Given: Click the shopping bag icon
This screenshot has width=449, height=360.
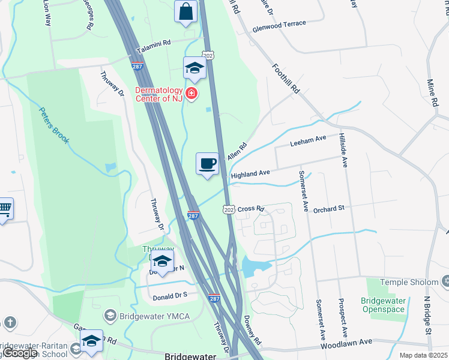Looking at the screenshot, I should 186,11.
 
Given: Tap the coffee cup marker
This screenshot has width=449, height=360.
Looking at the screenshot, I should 208,163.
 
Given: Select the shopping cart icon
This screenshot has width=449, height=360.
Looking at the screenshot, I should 4,209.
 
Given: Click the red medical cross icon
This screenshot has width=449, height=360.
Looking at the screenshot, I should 191,94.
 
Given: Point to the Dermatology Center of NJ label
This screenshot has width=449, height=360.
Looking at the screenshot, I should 158,94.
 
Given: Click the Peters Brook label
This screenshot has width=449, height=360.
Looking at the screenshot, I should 55,125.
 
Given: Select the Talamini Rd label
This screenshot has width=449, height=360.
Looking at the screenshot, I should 154,44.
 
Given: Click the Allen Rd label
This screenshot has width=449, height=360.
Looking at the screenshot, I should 238,151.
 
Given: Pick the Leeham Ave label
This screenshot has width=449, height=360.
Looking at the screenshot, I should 308,141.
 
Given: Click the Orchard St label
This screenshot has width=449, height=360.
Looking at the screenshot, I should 328,208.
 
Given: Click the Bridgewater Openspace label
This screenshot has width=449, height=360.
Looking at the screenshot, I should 383,305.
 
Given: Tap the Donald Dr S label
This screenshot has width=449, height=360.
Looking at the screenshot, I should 170,295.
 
